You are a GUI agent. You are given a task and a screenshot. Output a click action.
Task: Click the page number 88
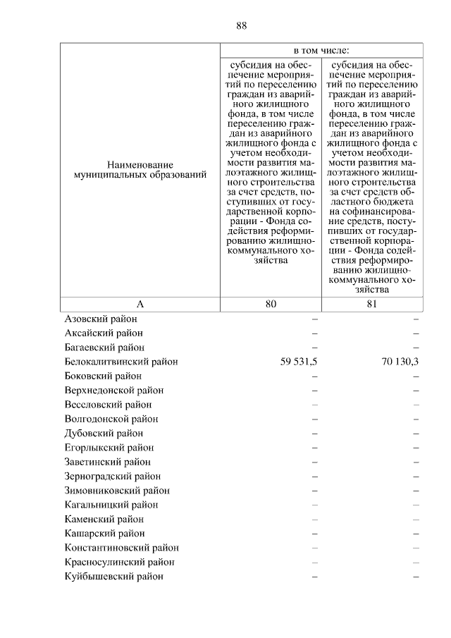(x=241, y=26)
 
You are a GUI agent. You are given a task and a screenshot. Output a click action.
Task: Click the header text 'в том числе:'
(x=321, y=50)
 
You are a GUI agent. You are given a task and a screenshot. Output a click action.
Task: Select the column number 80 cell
(x=271, y=304)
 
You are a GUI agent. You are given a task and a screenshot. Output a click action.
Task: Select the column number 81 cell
(x=372, y=304)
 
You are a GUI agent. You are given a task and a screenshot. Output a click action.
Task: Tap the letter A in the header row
(x=140, y=304)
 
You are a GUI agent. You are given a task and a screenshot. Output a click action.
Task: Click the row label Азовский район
(x=101, y=319)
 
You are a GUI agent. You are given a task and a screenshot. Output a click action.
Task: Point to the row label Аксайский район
(x=104, y=333)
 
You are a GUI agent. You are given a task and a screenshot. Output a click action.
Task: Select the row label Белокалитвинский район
(x=121, y=362)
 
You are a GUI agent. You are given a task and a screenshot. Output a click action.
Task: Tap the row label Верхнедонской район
(x=113, y=391)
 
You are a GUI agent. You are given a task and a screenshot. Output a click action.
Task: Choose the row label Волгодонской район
(x=111, y=419)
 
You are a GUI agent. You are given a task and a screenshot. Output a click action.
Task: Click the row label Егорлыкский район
(x=109, y=448)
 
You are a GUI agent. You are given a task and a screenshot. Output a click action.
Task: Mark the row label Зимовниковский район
(x=116, y=491)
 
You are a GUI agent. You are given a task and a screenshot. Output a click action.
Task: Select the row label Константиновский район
(x=121, y=548)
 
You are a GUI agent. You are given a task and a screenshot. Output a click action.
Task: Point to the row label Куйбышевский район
(x=113, y=577)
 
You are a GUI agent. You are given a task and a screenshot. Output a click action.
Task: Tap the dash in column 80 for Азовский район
(x=315, y=319)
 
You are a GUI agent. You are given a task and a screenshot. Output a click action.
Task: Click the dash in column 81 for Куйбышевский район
(x=416, y=577)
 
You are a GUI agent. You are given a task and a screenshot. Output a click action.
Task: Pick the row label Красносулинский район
(x=119, y=563)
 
